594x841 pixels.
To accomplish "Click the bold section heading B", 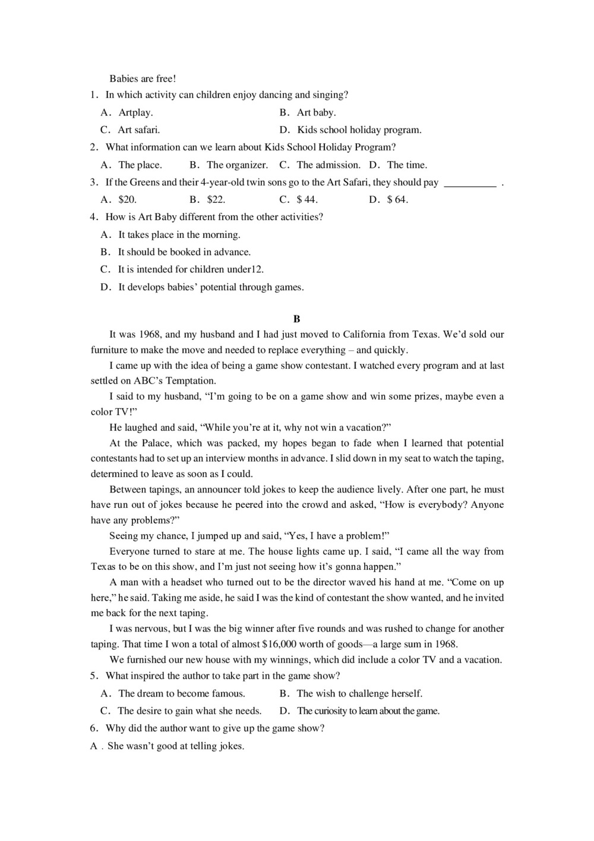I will coord(297,319).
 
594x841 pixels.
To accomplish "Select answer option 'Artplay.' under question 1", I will coord(135,112).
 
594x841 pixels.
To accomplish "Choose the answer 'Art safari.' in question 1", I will coord(138,130).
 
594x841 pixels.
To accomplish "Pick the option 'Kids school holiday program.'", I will coord(359,130).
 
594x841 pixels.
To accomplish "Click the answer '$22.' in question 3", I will coord(216,200).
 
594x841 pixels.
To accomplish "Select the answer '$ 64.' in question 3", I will coord(397,200).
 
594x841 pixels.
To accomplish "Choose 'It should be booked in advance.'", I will coord(184,252).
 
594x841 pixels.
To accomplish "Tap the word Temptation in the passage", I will coord(191,381).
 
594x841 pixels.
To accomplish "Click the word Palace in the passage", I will coord(156,443).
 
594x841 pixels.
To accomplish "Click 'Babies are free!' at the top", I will coord(143,79).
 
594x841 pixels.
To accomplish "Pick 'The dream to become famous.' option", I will coord(182,693).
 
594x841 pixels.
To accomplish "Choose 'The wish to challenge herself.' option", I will coord(359,693).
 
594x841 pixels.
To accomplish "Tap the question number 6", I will coord(94,729).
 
